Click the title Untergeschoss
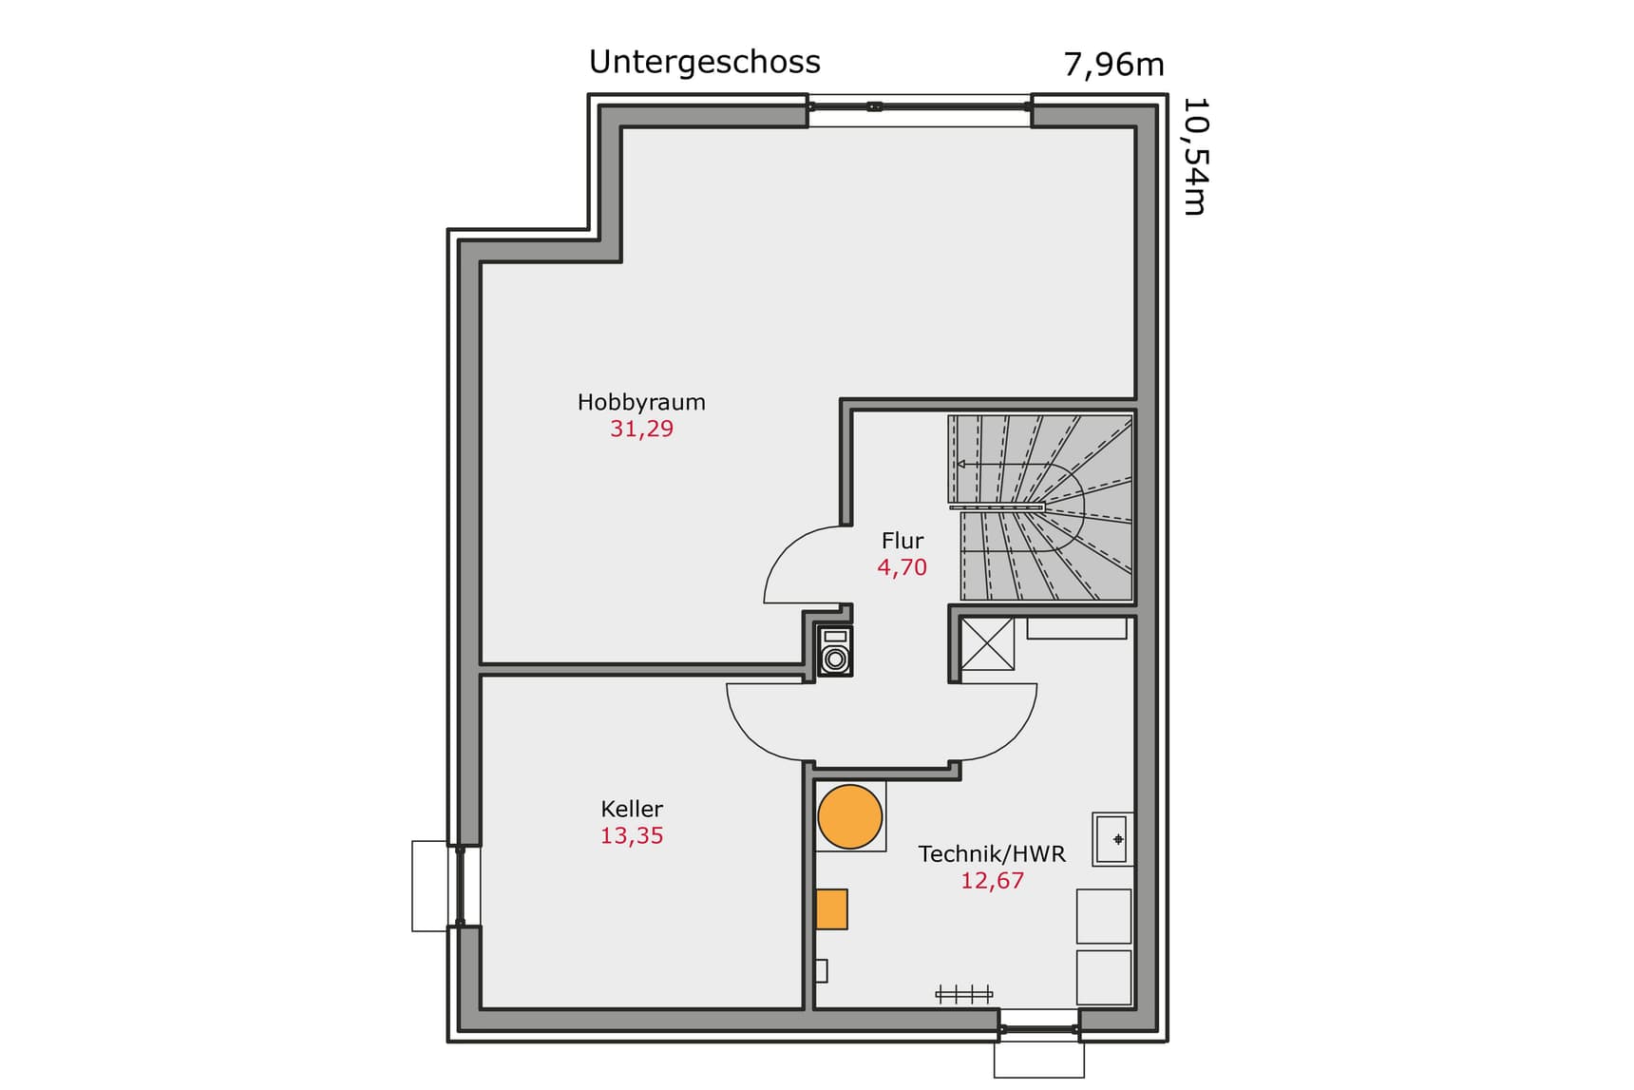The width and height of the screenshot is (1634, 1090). [x=704, y=63]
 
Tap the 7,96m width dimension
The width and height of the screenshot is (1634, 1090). [x=1112, y=65]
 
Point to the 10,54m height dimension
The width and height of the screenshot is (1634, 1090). [x=1194, y=157]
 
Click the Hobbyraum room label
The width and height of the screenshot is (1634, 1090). [x=641, y=402]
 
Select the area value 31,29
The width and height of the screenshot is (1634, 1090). [x=641, y=429]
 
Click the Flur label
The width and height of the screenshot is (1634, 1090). [x=902, y=541]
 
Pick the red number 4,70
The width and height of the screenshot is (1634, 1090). [x=902, y=567]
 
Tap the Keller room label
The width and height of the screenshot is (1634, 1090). [x=632, y=809]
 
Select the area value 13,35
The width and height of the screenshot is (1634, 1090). [x=632, y=836]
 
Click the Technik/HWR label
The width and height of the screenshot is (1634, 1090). [x=992, y=853]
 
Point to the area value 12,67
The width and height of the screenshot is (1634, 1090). [x=992, y=881]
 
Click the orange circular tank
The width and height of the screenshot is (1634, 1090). [x=850, y=816]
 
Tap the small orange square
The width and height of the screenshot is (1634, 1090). [x=831, y=909]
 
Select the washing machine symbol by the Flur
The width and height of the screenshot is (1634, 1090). [x=835, y=651]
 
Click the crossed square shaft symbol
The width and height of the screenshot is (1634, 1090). [x=987, y=644]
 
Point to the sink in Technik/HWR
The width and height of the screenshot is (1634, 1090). [x=1112, y=839]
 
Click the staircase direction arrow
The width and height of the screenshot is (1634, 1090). [x=961, y=464]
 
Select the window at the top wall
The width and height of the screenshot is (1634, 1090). [x=920, y=106]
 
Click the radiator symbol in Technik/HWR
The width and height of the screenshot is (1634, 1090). [x=964, y=994]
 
